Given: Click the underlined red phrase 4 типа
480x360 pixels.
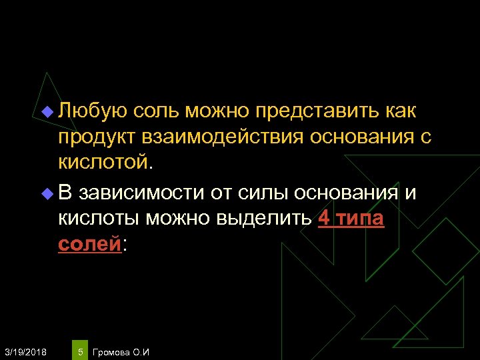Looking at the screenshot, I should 351,219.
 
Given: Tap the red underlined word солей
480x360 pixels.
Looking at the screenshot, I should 89,244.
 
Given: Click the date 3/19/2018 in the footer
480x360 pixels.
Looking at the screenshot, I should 25,351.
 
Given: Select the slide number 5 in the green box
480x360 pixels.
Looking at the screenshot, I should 80,351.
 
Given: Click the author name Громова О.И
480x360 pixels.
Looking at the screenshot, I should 121,351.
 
